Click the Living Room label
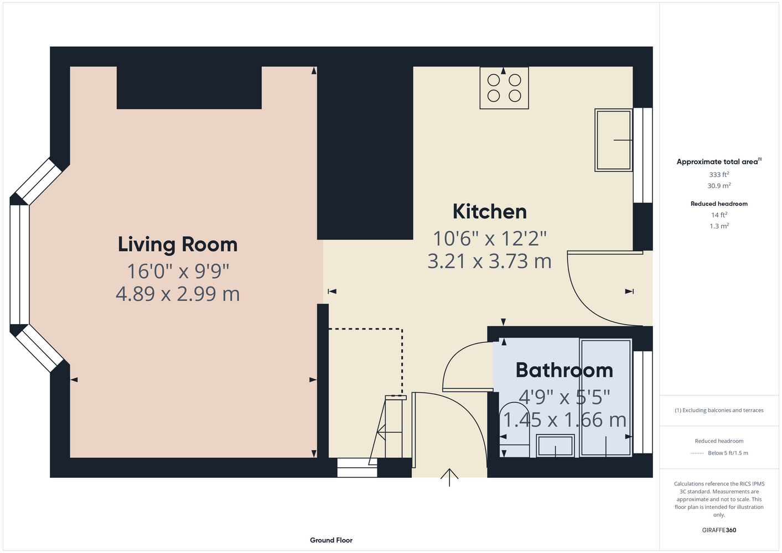coord(178,244)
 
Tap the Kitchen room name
coord(489,211)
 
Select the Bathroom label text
coord(564,370)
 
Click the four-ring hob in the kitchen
coord(504,88)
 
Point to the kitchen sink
coord(613,140)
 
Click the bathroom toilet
coord(515,430)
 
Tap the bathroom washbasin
coord(555,446)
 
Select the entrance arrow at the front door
coord(449,477)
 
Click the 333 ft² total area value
coord(719,174)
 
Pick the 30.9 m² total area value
coord(719,186)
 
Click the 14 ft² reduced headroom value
coord(719,215)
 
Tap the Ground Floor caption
coord(331,540)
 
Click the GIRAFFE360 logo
coord(719,530)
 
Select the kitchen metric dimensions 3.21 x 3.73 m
coord(489,262)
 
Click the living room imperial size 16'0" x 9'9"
coord(178,271)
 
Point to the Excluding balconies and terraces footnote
coord(719,410)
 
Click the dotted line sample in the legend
coord(697,453)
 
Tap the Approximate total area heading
coord(719,161)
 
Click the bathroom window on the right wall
coord(643,402)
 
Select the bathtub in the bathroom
coord(605,398)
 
